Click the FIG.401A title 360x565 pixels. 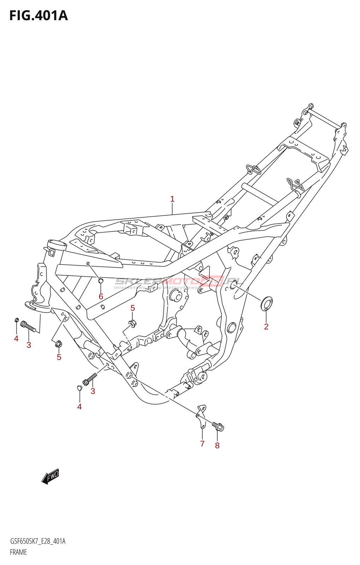click(38, 16)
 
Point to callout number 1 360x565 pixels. click(172, 199)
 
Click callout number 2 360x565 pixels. click(266, 327)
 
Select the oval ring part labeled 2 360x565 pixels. click(266, 304)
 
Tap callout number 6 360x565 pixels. click(101, 297)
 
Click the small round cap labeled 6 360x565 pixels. click(100, 281)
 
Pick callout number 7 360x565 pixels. click(202, 444)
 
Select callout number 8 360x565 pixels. click(217, 446)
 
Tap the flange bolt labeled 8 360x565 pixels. click(218, 427)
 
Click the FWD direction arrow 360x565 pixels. click(50, 476)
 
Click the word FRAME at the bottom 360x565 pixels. click(18, 552)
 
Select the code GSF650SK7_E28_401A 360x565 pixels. click(38, 541)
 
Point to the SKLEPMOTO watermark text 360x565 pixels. click(178, 282)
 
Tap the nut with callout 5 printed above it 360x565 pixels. click(132, 323)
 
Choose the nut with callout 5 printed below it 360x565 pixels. click(59, 343)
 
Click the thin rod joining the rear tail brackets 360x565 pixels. click(325, 119)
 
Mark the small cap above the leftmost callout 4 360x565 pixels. click(16, 320)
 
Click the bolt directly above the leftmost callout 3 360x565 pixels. click(28, 326)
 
